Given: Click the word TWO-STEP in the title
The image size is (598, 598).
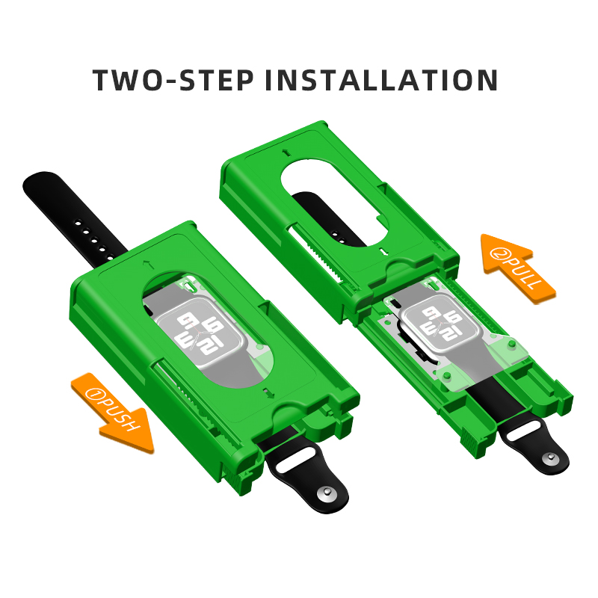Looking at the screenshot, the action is tap(173, 80).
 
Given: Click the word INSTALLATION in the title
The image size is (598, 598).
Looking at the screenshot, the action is tap(381, 80).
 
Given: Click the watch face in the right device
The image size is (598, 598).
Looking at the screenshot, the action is tap(442, 324).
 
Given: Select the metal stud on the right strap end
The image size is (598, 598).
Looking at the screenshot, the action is tap(550, 457).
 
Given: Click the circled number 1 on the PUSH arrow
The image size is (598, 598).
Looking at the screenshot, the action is tap(93, 394).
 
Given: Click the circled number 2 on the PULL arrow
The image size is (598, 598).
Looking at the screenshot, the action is tap(498, 253).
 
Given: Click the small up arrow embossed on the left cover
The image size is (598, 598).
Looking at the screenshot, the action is tap(145, 264).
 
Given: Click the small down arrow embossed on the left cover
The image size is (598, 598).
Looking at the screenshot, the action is tap(269, 393).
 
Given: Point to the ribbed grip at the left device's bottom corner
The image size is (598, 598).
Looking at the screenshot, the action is tap(231, 476).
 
